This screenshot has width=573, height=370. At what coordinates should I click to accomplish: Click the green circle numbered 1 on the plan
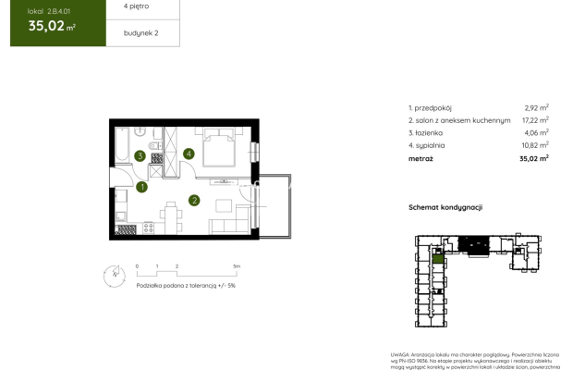(141, 187)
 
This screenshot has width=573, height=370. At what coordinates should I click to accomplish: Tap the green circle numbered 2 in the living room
(194, 199)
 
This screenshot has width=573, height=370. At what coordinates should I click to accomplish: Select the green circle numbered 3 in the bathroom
(140, 155)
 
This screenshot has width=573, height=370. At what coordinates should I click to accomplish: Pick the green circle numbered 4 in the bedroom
(189, 154)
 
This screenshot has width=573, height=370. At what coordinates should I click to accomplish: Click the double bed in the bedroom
(223, 147)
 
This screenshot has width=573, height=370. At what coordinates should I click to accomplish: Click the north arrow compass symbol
(113, 274)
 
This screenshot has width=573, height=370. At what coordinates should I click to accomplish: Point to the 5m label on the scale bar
(237, 265)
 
